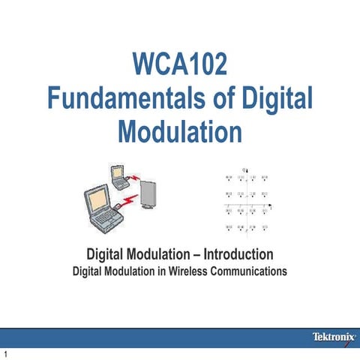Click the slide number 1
5,353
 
